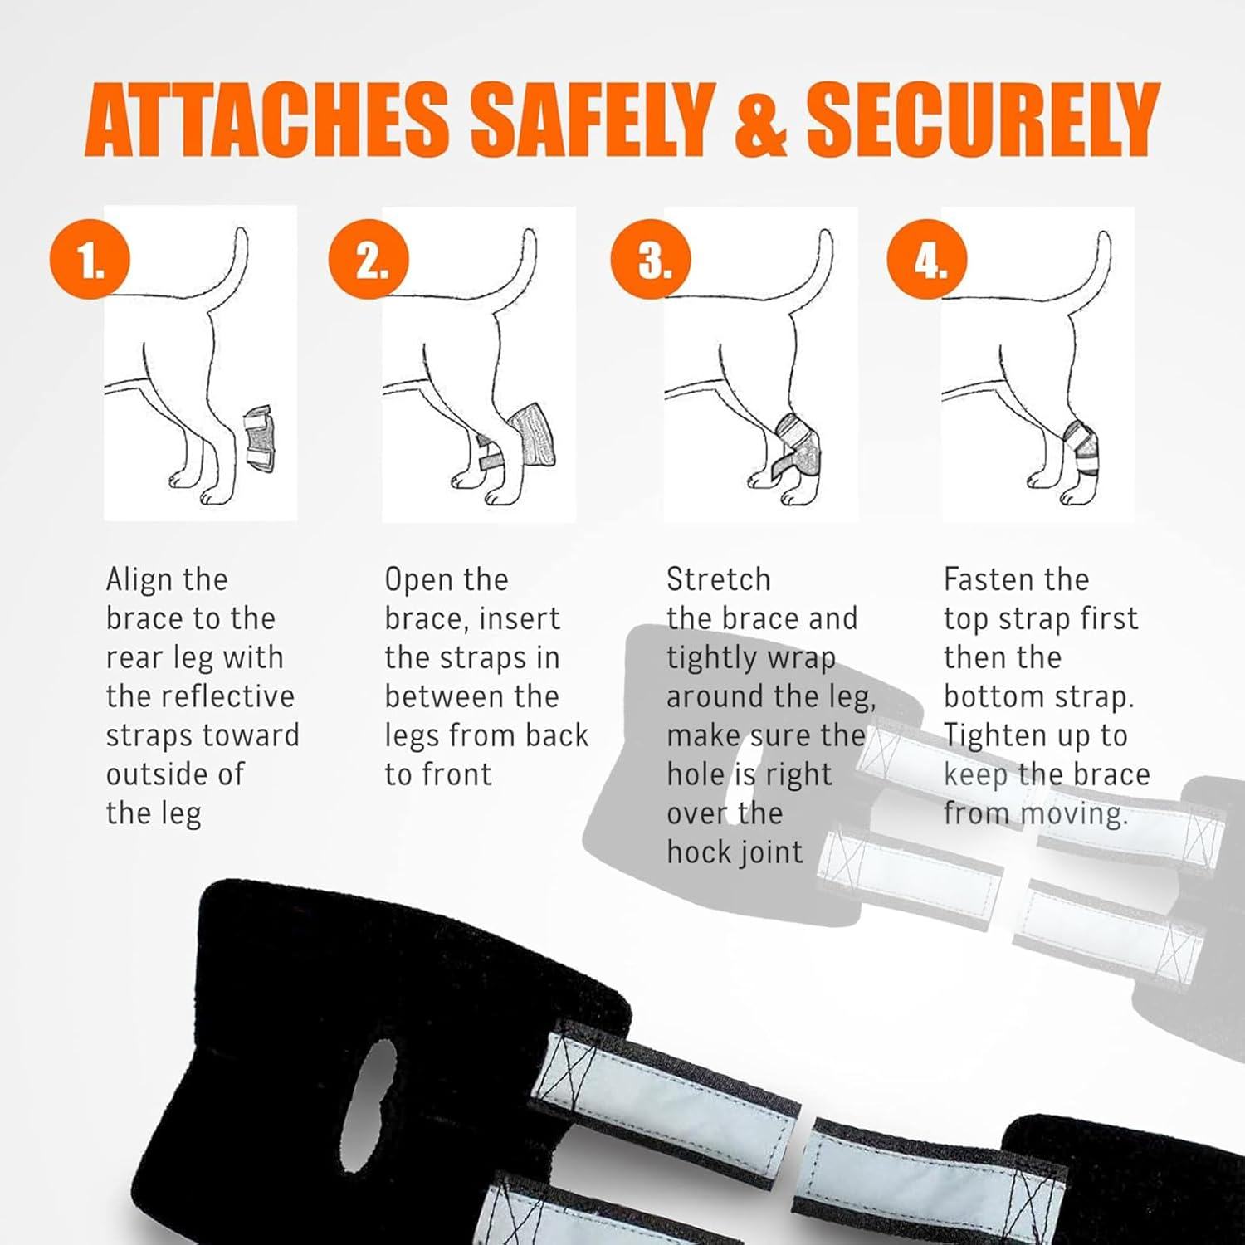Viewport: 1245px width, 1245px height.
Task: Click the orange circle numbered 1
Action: coord(90,260)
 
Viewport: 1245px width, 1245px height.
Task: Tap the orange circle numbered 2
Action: coord(369,260)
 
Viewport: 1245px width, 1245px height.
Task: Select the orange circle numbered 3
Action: coord(651,260)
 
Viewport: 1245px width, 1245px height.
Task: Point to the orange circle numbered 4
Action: coord(927,260)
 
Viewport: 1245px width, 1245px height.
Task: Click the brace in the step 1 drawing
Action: coord(258,439)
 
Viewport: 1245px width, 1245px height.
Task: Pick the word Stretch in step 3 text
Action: coord(719,579)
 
